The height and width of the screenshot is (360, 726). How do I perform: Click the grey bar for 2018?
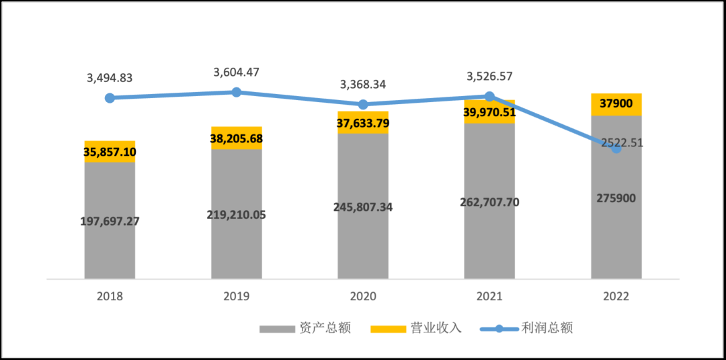click(110, 249)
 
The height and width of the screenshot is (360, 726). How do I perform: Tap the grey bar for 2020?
click(363, 242)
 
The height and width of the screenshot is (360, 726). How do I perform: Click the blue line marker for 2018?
click(110, 98)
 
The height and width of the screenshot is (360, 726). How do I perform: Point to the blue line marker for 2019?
click(237, 92)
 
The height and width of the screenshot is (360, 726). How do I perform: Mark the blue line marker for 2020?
click(363, 105)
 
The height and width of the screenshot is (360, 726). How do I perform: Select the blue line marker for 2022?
click(616, 148)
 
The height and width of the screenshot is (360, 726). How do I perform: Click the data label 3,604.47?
click(237, 72)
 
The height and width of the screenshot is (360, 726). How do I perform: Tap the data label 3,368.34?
click(363, 85)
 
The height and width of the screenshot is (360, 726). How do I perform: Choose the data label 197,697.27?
click(110, 221)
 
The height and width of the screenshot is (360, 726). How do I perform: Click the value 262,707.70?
click(489, 202)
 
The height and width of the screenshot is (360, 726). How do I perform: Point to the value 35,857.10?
click(110, 152)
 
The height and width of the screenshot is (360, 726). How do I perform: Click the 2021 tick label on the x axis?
click(489, 296)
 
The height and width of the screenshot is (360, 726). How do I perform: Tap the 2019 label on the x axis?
click(237, 296)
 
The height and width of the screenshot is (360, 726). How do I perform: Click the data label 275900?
click(616, 198)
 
